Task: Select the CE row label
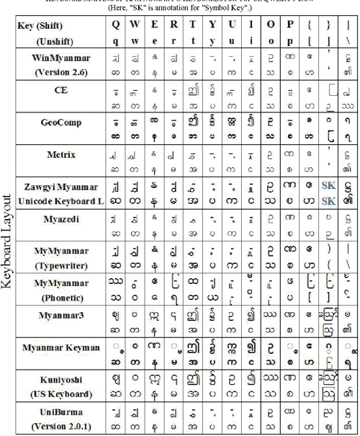coord(60,91)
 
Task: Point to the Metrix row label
coord(60,154)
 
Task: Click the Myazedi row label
coord(60,218)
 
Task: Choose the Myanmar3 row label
coord(60,315)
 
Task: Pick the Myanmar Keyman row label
coord(60,347)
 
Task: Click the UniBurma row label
coord(60,410)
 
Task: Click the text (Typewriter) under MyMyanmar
coord(60,263)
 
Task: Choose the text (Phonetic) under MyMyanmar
coord(60,295)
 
